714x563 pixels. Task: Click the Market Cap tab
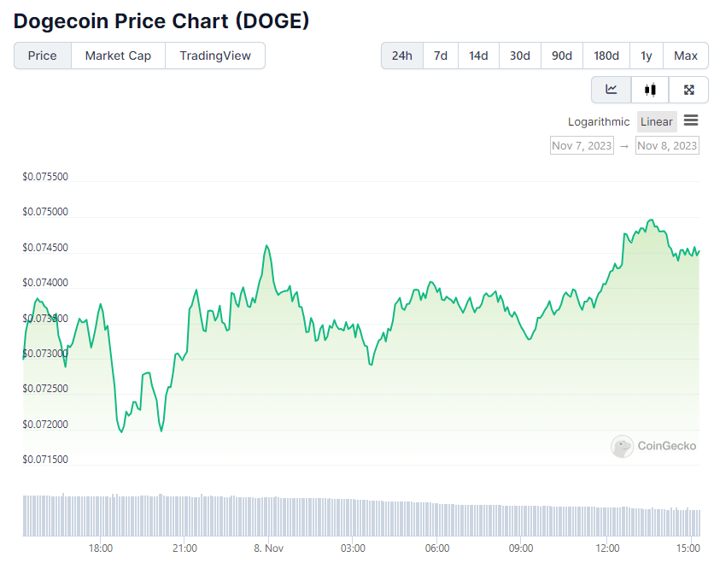pos(118,56)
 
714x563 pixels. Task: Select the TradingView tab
pos(215,56)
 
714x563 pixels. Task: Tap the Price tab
pos(43,56)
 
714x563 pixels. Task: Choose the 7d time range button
pos(441,56)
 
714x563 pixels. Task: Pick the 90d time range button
pos(561,56)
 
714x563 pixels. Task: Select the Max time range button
pos(685,56)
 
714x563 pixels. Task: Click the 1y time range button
pos(647,56)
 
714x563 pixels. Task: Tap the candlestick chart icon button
pos(650,90)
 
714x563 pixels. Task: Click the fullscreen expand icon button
pos(688,90)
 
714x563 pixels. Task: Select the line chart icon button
pos(612,90)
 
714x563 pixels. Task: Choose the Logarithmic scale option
pos(599,121)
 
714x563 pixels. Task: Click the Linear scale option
pos(656,121)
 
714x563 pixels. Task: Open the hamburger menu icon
pos(691,120)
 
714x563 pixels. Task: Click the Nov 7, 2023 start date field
pos(582,145)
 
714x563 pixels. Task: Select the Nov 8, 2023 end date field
pos(667,145)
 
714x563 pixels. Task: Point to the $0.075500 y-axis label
pos(45,177)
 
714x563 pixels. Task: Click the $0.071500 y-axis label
pos(45,459)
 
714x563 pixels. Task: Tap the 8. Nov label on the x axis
pos(269,548)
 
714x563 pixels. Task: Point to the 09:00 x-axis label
pos(521,548)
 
